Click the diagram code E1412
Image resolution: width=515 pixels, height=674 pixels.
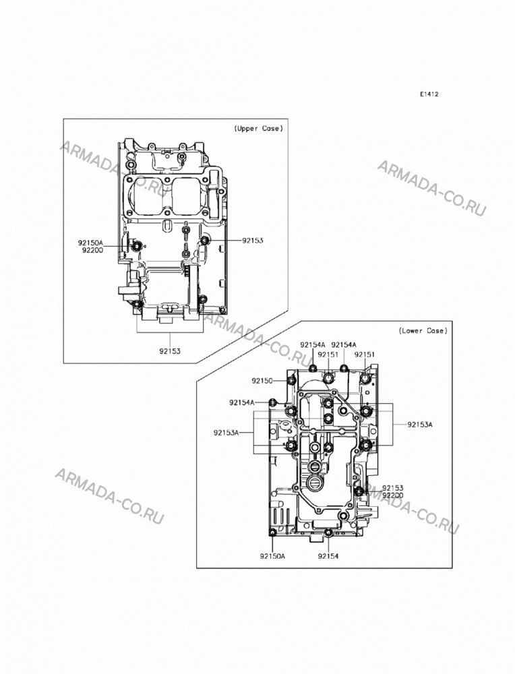(429, 94)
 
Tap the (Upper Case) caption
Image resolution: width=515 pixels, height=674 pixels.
(258, 128)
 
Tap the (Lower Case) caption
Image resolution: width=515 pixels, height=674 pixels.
(423, 330)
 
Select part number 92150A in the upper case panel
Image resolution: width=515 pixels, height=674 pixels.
(91, 243)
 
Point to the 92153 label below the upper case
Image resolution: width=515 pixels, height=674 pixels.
(170, 350)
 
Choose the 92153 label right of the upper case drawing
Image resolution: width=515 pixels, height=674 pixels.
(252, 241)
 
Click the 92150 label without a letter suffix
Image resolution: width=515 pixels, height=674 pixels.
(262, 381)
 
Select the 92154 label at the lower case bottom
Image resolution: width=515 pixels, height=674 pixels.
(328, 556)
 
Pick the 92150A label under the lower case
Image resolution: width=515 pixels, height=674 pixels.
(272, 556)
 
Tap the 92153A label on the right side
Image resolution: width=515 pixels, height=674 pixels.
(420, 425)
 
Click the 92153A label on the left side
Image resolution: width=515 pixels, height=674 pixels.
(226, 433)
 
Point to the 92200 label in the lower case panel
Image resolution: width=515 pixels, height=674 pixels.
(393, 495)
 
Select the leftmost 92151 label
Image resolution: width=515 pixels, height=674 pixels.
(328, 355)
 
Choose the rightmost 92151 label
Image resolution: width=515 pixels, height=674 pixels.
(365, 355)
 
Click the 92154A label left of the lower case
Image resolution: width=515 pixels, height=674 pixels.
(241, 402)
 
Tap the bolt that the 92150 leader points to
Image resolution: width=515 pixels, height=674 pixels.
(291, 380)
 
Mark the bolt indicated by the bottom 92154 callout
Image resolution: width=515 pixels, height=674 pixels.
(328, 533)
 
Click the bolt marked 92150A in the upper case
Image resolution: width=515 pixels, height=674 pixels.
(136, 246)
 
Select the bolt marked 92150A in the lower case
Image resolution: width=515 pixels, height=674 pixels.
(272, 533)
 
